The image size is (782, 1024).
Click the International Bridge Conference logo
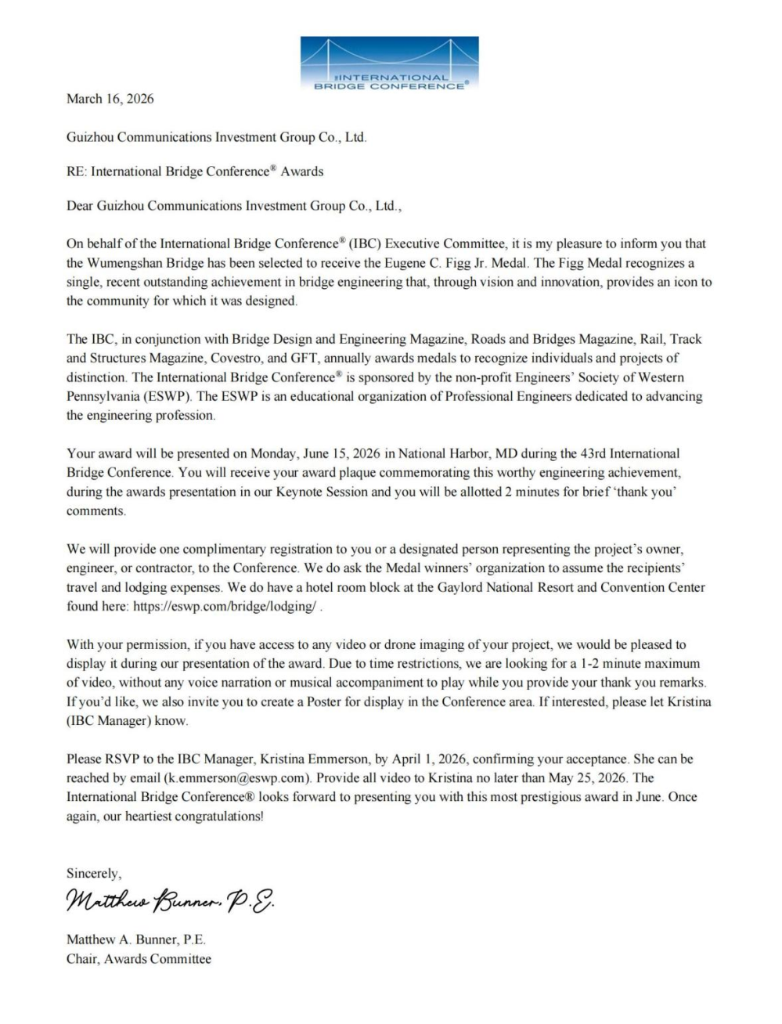[389, 63]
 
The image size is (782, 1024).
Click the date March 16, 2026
[110, 99]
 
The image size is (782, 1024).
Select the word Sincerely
[94, 873]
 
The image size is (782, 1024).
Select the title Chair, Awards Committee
[139, 958]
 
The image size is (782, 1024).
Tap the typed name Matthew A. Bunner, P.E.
[135, 939]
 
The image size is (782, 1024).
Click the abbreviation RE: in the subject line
[77, 171]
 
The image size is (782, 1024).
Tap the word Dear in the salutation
[80, 206]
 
